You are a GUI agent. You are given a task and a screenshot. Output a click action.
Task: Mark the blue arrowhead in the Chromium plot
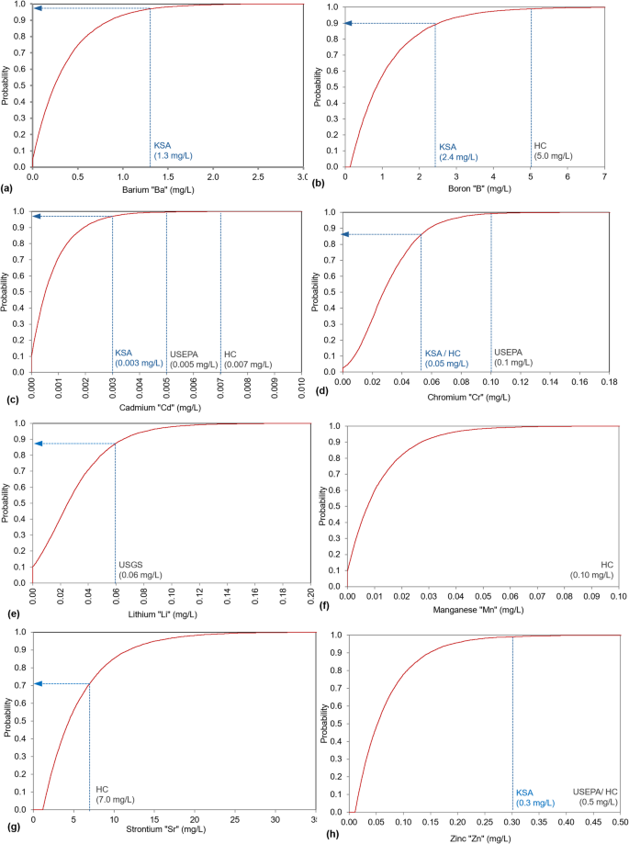347,235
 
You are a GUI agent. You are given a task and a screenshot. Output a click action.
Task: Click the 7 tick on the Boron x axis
604,175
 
